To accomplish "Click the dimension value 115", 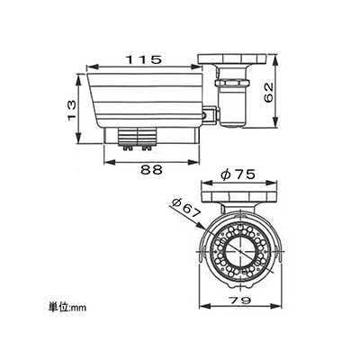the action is point(144,59).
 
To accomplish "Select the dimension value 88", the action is point(151,170).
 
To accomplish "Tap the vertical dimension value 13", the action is point(71,110).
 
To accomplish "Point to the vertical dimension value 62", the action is point(269,92).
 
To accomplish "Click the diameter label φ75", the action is point(238,175).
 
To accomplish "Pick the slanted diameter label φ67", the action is point(186,208).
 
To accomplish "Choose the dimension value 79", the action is point(239,301).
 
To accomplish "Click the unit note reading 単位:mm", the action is point(67,308).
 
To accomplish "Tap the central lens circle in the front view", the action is point(240,252).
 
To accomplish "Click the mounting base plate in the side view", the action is point(231,58).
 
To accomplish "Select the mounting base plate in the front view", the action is point(239,196).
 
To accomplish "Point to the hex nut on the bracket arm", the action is point(232,83).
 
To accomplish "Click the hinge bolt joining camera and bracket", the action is point(205,115).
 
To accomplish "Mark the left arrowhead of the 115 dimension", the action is point(91,67).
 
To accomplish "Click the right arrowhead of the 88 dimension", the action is point(194,162).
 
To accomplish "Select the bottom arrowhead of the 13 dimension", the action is point(78,139).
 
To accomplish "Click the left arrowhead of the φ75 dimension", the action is point(206,182).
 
